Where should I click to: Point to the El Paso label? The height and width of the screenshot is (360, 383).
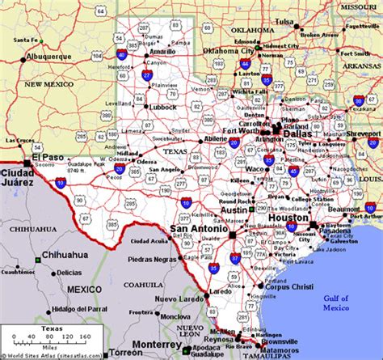click(x=47, y=157)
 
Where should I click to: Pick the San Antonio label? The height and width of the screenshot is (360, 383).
click(x=199, y=230)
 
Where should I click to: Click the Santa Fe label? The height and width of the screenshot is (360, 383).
click(x=26, y=40)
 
